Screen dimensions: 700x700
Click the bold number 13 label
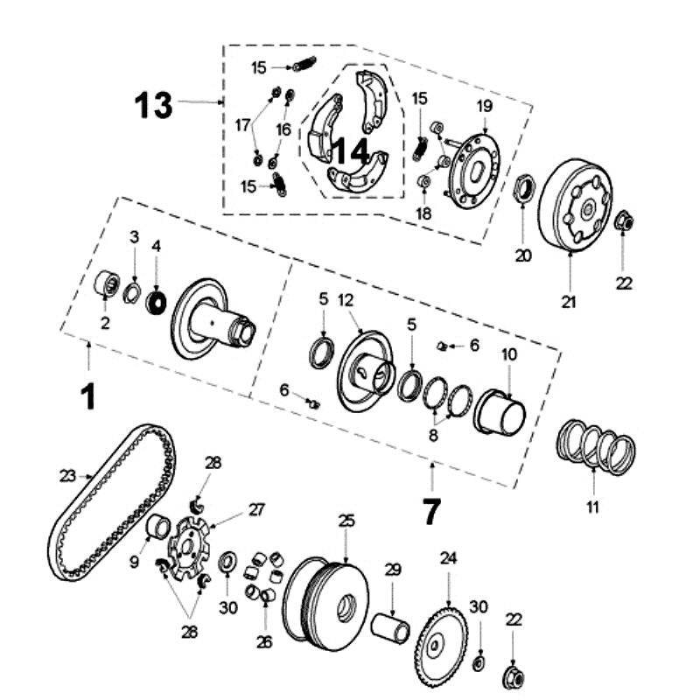(x=153, y=105)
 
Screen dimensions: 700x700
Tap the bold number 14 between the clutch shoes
(x=350, y=150)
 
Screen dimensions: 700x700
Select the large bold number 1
(x=87, y=397)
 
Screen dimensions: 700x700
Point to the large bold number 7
(x=431, y=510)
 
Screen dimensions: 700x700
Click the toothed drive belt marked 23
(x=109, y=503)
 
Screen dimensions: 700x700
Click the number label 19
(x=485, y=106)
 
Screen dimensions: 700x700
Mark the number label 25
(x=346, y=521)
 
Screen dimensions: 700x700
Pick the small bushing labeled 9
(x=159, y=528)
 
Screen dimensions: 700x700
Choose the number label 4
(x=157, y=247)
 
